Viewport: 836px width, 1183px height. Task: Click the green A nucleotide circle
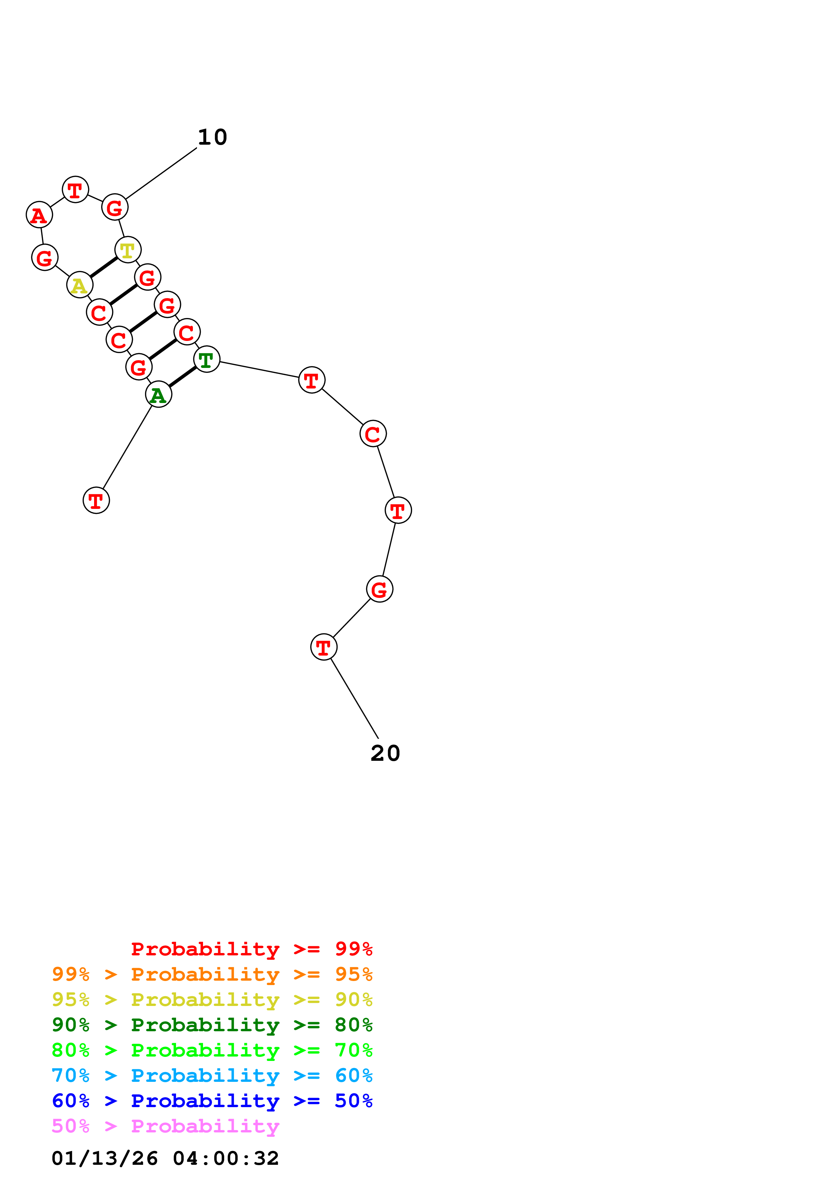coord(158,394)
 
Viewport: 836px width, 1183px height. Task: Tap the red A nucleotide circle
coord(39,214)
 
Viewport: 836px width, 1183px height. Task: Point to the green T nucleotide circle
coord(206,359)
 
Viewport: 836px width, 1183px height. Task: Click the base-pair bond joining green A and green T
coord(182,377)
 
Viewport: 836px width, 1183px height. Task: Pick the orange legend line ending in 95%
coord(212,974)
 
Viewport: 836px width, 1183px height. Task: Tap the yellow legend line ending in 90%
coord(212,1000)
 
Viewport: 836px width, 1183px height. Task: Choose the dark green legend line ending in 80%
coord(212,1025)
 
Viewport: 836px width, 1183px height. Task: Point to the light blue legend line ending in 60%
coord(212,1075)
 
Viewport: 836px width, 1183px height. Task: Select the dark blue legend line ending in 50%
coord(212,1101)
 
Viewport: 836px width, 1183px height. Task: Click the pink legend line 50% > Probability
coord(165,1126)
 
